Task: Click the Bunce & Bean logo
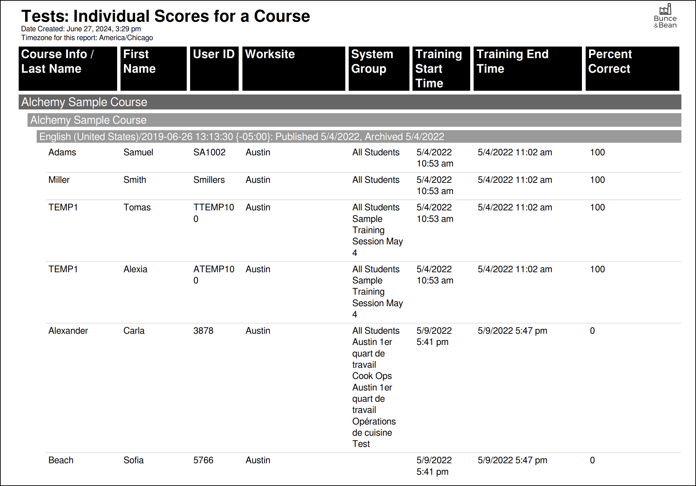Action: [665, 16]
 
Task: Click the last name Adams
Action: [62, 152]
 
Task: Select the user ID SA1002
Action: [209, 152]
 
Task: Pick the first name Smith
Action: [134, 180]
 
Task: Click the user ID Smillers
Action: [209, 180]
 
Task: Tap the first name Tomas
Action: [137, 207]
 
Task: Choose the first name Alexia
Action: [135, 269]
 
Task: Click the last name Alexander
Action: [68, 331]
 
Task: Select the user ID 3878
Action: [203, 331]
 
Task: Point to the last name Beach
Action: [61, 460]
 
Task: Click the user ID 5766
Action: [203, 460]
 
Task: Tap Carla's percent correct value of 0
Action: [592, 331]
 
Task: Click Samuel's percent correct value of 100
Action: [597, 152]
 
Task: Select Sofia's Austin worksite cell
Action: [258, 460]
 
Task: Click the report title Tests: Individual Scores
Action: [165, 16]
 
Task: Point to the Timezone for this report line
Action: [87, 38]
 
